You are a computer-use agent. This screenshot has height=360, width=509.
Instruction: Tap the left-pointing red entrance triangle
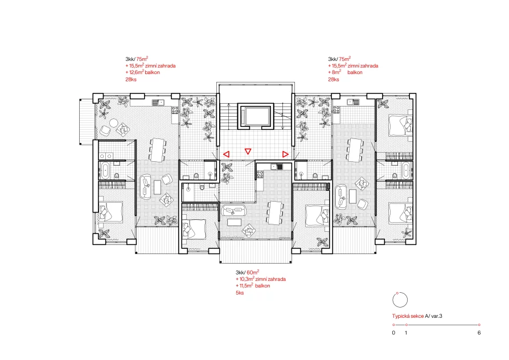point(227,154)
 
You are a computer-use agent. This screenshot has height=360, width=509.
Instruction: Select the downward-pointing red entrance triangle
point(248,152)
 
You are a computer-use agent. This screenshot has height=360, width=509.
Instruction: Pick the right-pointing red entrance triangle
point(285,154)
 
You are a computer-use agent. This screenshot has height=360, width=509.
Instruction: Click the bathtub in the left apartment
point(105,171)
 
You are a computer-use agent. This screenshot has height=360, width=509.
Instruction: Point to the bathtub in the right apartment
point(406,170)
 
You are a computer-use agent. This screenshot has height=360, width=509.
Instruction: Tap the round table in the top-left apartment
point(114,123)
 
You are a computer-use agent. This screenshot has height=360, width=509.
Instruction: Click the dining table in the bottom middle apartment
point(275,213)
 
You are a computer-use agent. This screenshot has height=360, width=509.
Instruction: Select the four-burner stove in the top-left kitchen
point(175,110)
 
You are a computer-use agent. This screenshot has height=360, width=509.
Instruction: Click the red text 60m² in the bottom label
point(253,272)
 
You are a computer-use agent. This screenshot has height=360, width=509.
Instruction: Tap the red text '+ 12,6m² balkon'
point(142,72)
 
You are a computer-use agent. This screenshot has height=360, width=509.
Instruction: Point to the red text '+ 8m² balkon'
point(345,72)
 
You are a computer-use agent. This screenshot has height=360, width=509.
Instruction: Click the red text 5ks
point(240,293)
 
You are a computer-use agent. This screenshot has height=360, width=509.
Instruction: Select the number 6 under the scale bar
point(479,333)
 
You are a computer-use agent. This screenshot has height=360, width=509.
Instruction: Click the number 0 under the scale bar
point(394,333)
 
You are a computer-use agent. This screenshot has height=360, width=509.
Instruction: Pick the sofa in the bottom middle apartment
point(235,210)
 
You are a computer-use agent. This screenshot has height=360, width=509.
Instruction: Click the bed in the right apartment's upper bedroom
point(401,125)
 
